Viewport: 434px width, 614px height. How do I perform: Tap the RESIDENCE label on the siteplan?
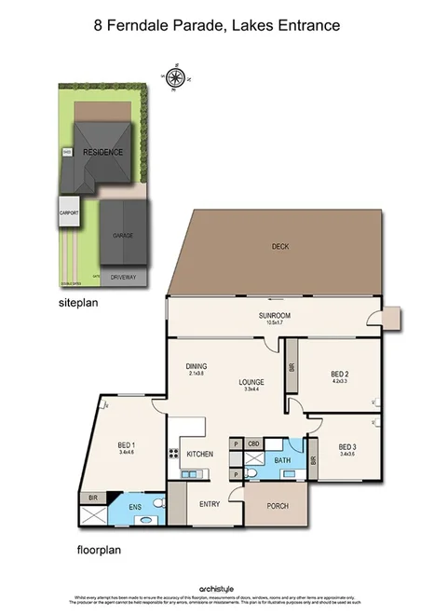coord(103,151)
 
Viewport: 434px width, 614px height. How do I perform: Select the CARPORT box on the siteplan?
coord(69,212)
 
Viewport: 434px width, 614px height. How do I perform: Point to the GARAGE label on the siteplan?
coord(123,236)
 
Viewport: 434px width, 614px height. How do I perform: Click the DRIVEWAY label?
coord(124,278)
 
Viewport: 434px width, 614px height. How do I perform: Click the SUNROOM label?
coord(275,317)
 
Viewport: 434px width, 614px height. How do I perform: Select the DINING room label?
coord(196,365)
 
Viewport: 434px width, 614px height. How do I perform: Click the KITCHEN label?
coord(200,454)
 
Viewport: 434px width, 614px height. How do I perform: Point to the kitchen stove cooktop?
coord(173,454)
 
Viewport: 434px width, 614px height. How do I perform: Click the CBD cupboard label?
coord(253,444)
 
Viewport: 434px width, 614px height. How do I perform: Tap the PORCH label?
coord(278,506)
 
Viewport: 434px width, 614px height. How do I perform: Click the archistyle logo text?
coord(217,589)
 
